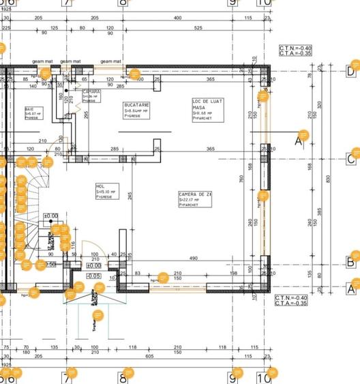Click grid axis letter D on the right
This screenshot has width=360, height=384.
351,70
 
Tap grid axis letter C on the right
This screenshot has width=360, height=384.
351,159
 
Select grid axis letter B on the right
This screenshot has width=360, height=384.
351,262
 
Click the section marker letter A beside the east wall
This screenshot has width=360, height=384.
297,141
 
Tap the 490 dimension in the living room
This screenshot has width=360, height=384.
194,258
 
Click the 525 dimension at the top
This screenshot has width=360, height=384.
200,28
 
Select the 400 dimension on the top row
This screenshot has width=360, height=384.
177,18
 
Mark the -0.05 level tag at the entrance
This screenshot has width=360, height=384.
93,276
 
